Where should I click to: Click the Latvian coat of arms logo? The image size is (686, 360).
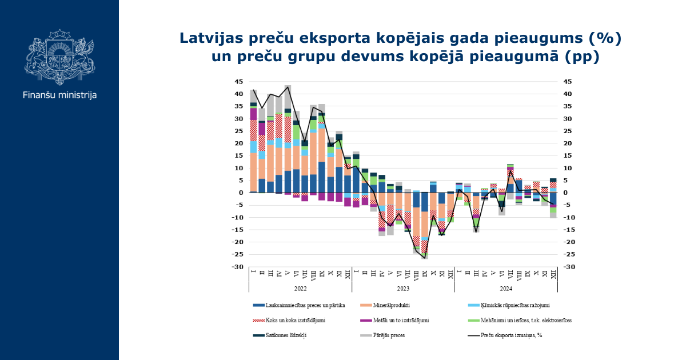(x=59, y=57)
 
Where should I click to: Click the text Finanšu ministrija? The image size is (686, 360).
(x=59, y=95)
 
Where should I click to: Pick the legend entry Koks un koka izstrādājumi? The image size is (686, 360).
(x=289, y=320)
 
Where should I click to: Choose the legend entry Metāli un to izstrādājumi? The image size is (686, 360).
(x=395, y=320)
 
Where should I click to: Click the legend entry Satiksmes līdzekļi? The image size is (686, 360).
(x=280, y=335)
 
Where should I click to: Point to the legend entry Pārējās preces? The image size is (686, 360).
(x=382, y=335)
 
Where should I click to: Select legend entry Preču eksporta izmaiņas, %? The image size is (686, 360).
(x=505, y=335)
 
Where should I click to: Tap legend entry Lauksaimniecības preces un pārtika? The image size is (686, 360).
(x=299, y=305)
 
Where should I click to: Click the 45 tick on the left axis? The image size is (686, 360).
(x=238, y=82)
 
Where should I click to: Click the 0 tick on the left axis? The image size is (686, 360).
(x=241, y=193)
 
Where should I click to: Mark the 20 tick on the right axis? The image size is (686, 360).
(x=568, y=143)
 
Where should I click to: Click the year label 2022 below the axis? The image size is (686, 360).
(x=301, y=289)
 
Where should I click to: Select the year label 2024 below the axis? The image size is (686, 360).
(x=506, y=289)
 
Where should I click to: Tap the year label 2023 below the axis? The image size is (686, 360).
(x=404, y=289)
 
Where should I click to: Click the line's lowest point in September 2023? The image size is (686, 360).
(x=424, y=258)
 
